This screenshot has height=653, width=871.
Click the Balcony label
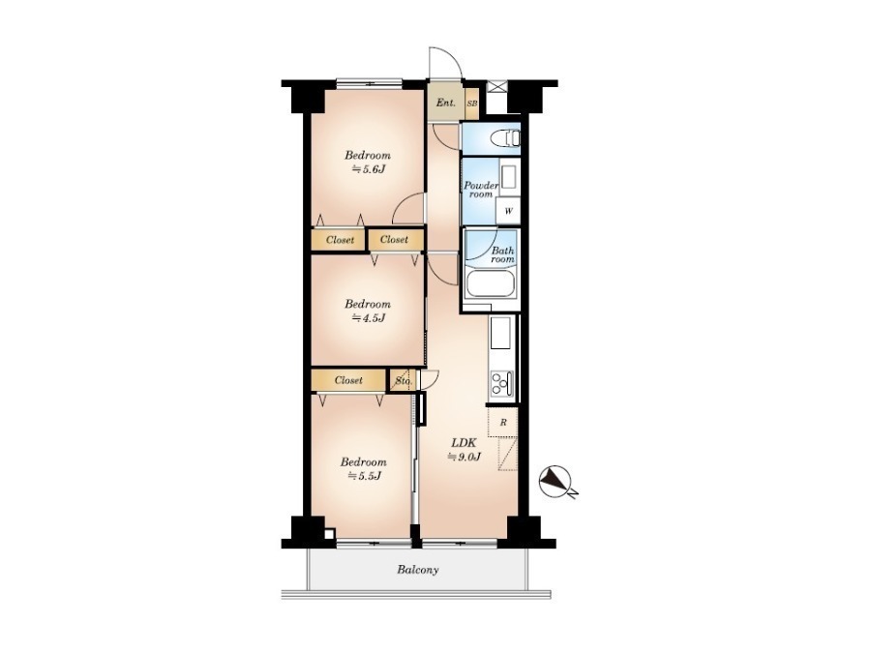click(x=418, y=570)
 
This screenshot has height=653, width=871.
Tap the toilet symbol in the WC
click(x=506, y=137)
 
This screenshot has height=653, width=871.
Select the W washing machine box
click(x=508, y=211)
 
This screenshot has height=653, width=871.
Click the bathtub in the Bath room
click(x=491, y=283)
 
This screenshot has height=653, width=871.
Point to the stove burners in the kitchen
click(x=501, y=383)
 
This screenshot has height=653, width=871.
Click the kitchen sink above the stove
click(x=501, y=333)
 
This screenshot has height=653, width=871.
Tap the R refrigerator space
click(x=502, y=423)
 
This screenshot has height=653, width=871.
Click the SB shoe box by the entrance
click(x=471, y=104)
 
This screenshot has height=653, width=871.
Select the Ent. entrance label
click(x=445, y=103)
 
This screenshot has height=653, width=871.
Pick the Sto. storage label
click(x=404, y=381)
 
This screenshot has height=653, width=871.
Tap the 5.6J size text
click(x=368, y=169)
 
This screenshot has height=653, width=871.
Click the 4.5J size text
click(x=368, y=318)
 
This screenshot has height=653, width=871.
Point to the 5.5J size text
click(x=364, y=476)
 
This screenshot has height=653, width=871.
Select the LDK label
click(x=464, y=443)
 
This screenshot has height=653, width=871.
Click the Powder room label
click(x=481, y=190)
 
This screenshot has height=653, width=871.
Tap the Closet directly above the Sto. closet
click(x=395, y=240)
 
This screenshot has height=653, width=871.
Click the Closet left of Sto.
click(x=348, y=380)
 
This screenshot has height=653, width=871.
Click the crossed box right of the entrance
click(x=496, y=88)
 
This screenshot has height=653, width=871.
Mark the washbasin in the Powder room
click(x=508, y=177)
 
